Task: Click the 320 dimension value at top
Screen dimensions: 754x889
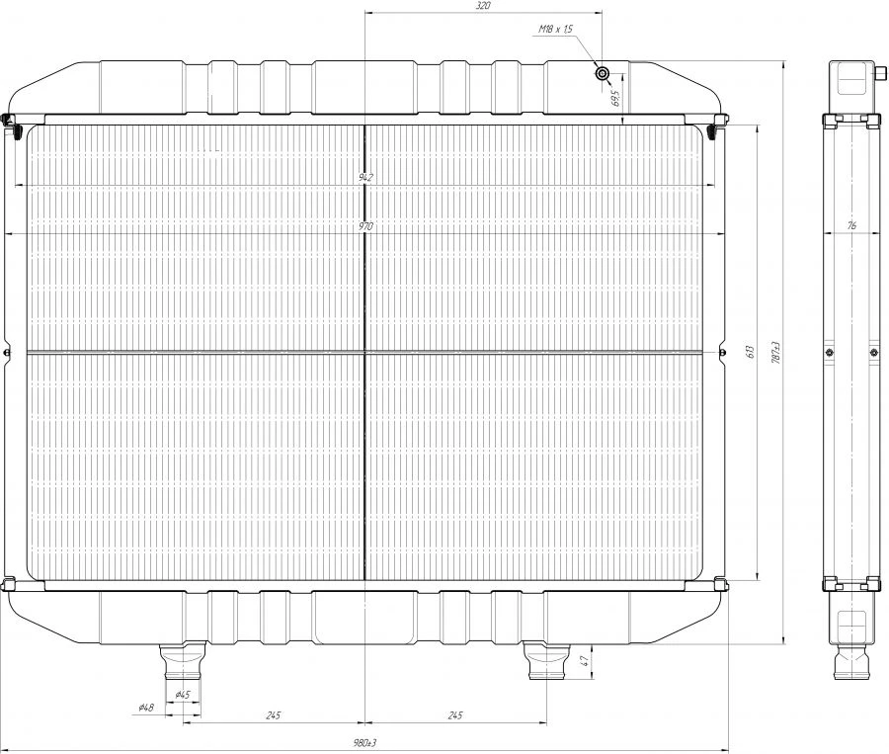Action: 483,6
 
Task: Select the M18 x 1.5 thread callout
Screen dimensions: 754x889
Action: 556,31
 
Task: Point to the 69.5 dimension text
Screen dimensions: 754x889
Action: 614,100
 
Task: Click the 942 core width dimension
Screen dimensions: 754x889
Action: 365,178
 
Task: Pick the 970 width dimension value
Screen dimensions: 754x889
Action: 365,226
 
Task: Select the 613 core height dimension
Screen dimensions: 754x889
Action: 751,351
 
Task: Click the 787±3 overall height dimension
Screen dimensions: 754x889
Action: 777,351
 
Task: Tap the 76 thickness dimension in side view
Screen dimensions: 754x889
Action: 850,226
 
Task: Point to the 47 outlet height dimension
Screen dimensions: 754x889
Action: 584,660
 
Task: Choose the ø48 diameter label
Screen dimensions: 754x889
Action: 146,708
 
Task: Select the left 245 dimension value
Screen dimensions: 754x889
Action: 274,714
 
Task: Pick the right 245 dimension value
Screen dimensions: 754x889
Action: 454,714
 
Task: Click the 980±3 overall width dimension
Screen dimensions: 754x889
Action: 365,743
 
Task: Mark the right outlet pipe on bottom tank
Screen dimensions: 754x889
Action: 545,661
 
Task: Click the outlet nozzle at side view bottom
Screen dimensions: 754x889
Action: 850,662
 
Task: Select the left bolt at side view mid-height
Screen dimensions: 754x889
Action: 829,352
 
